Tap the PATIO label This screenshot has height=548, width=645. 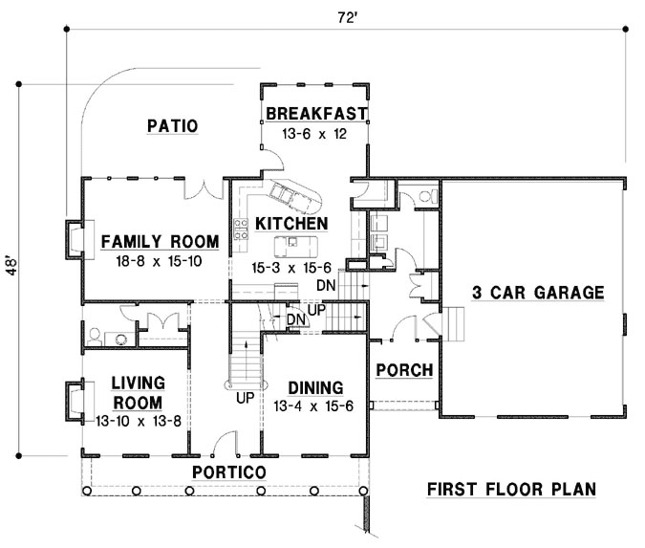pos(173,125)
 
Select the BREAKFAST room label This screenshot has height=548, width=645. pos(316,114)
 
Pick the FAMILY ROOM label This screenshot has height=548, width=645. pos(160,240)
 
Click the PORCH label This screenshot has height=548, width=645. pos(403,370)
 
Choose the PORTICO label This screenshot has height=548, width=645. pos(227,472)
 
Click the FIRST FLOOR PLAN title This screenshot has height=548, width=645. pos(511,490)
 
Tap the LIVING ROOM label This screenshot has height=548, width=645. pos(139,390)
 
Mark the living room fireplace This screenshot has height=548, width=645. pos(74,401)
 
